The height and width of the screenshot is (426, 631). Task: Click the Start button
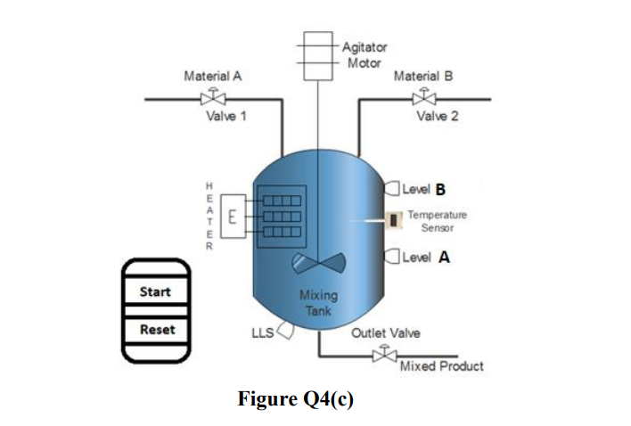(155, 292)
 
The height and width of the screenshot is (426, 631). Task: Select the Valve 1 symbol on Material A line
(212, 97)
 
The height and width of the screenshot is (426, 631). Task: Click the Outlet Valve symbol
(384, 355)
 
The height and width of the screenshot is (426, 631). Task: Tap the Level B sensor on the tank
(390, 188)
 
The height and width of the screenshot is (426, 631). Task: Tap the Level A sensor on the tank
(390, 258)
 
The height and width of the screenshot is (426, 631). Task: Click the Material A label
(212, 77)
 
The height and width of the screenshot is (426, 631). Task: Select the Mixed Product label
(442, 366)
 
